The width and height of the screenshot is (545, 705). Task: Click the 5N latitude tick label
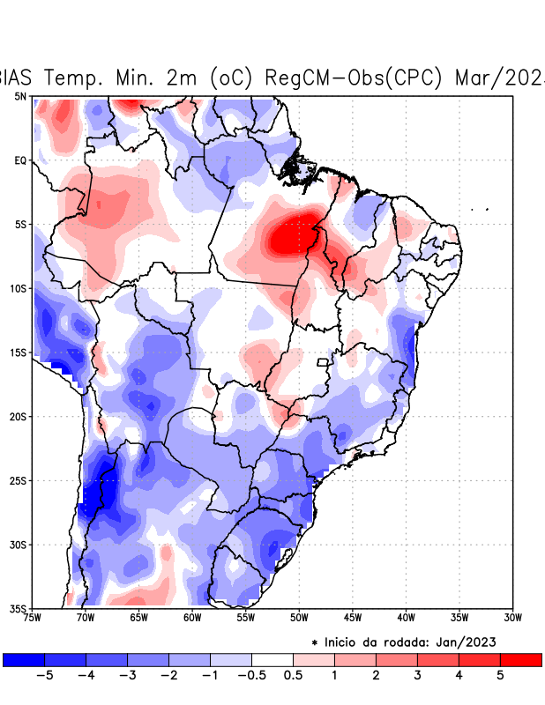[20, 96]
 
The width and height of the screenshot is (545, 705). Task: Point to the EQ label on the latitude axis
[20, 160]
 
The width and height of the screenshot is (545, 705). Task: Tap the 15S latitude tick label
[19, 352]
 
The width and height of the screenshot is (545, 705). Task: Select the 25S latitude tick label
[19, 480]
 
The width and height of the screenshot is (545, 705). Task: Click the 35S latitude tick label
[19, 608]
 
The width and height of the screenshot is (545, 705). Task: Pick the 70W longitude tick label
[85, 618]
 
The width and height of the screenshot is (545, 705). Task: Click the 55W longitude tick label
[245, 618]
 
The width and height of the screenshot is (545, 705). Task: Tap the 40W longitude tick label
[406, 618]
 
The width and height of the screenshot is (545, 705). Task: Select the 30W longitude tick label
[512, 618]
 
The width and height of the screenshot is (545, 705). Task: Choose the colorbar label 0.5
[293, 676]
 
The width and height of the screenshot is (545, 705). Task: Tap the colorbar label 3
[417, 676]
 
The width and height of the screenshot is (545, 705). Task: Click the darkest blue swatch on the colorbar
[24, 659]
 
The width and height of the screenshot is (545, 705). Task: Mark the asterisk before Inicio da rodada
[315, 643]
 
